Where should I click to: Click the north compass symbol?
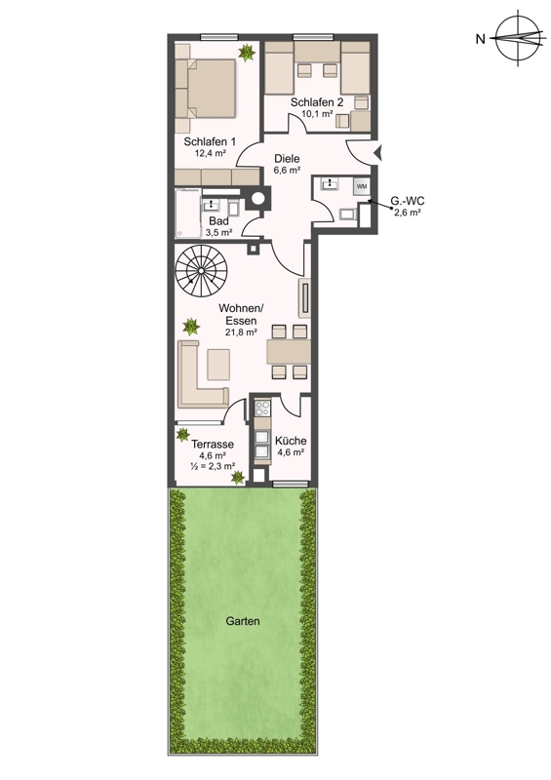pos(517,39)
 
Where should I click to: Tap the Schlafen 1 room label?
pos(210,141)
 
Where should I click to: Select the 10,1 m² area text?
pos(317,113)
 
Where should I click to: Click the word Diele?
pos(287,159)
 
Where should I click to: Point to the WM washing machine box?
pos(362,186)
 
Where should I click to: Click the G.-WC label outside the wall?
pos(407,202)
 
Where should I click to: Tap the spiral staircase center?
pos(201,270)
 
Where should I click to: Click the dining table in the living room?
pos(289,352)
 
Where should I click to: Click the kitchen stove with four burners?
pos(262,409)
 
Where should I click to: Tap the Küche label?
pos(291,441)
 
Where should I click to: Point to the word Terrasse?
pos(213,445)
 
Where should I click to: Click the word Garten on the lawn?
pos(243,621)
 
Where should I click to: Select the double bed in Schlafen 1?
pos(206,89)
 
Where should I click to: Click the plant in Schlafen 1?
pos(247,53)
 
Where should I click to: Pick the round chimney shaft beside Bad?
pos(257,198)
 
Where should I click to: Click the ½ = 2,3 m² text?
pos(213,466)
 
